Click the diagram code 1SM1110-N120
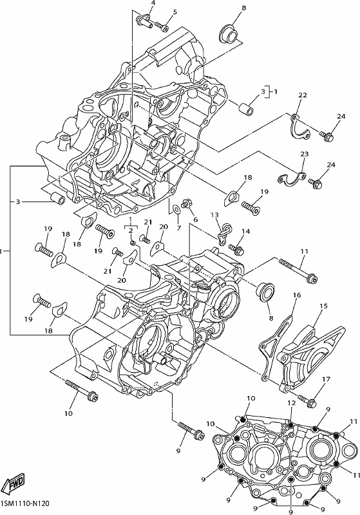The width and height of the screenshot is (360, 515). pyautogui.click(x=26, y=503)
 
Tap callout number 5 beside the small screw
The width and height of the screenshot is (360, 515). pyautogui.click(x=175, y=12)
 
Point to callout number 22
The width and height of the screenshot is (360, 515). pyautogui.click(x=303, y=95)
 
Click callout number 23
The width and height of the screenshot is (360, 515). pyautogui.click(x=305, y=154)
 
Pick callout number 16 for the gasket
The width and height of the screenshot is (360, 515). pyautogui.click(x=297, y=295)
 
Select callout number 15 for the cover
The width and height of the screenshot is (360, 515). pyautogui.click(x=323, y=306)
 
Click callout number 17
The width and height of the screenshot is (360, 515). pyautogui.click(x=326, y=380)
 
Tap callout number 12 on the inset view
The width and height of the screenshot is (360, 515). pyautogui.click(x=291, y=403)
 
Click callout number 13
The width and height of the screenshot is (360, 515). pyautogui.click(x=214, y=215)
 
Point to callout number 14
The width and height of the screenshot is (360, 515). pyautogui.click(x=246, y=231)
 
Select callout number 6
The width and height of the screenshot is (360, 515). pyautogui.click(x=195, y=220)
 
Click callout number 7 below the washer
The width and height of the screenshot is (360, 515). pyautogui.click(x=179, y=228)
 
